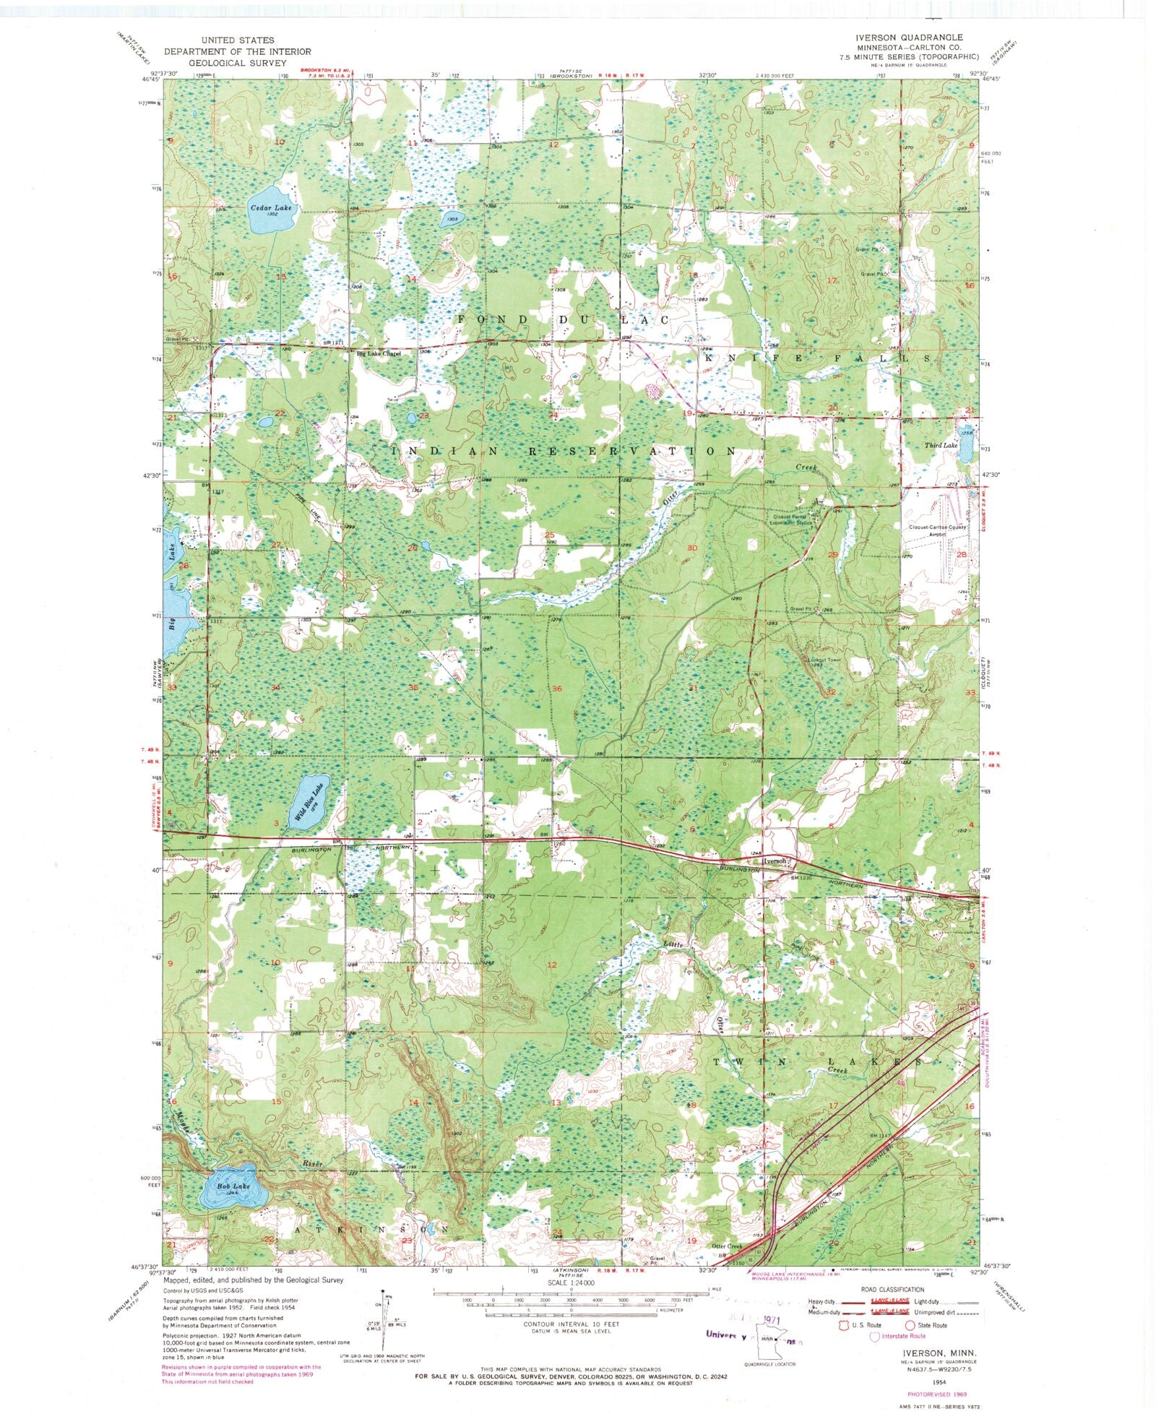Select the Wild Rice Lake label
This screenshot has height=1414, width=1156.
coord(310,801)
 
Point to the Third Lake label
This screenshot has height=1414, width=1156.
coord(941,445)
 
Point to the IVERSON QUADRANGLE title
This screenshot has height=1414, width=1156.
coord(918,36)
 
